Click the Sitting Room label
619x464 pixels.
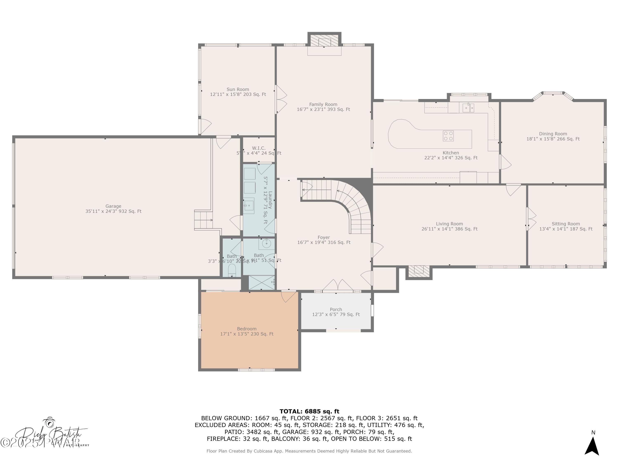coord(566,224)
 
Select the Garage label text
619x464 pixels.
coord(113,206)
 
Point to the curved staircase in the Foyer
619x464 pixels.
coord(355,204)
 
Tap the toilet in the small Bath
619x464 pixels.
coord(232,270)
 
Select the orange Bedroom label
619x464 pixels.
coord(247,329)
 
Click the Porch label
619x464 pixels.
coord(336,309)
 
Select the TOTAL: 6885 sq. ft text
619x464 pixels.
coord(309,411)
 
